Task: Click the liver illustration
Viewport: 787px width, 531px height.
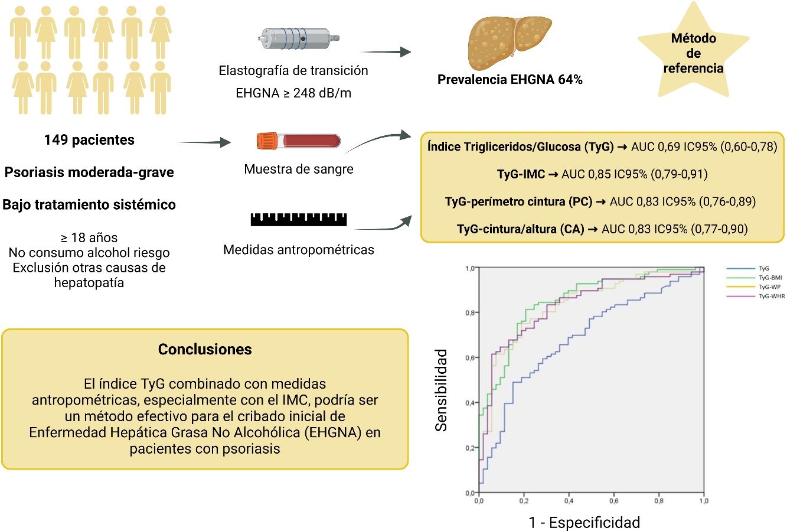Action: tap(510, 43)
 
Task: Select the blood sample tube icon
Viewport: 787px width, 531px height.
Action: tap(299, 141)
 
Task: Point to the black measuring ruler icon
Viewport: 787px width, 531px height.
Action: tap(299, 219)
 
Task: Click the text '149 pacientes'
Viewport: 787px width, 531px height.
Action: tap(89, 140)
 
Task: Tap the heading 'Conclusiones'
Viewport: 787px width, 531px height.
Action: tap(205, 349)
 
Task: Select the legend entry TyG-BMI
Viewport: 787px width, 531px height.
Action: tap(770, 278)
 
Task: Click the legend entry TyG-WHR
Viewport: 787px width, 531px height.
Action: tap(772, 297)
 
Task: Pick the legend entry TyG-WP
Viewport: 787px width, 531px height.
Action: tap(770, 287)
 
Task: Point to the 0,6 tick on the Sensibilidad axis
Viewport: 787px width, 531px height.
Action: tap(469, 358)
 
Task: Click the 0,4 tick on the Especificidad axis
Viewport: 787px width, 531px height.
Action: tap(569, 501)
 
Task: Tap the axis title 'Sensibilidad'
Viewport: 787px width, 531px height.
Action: tap(441, 390)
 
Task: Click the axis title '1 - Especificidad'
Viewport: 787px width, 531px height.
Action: tap(584, 522)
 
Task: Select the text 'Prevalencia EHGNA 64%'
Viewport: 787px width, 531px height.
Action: tap(510, 80)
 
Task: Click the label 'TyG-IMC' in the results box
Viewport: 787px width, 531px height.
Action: tap(521, 174)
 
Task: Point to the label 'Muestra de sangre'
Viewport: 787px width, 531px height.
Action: tap(299, 170)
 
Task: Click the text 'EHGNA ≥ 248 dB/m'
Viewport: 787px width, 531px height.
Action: tap(293, 93)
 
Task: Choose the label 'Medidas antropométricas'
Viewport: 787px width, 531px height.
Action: tap(299, 250)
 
